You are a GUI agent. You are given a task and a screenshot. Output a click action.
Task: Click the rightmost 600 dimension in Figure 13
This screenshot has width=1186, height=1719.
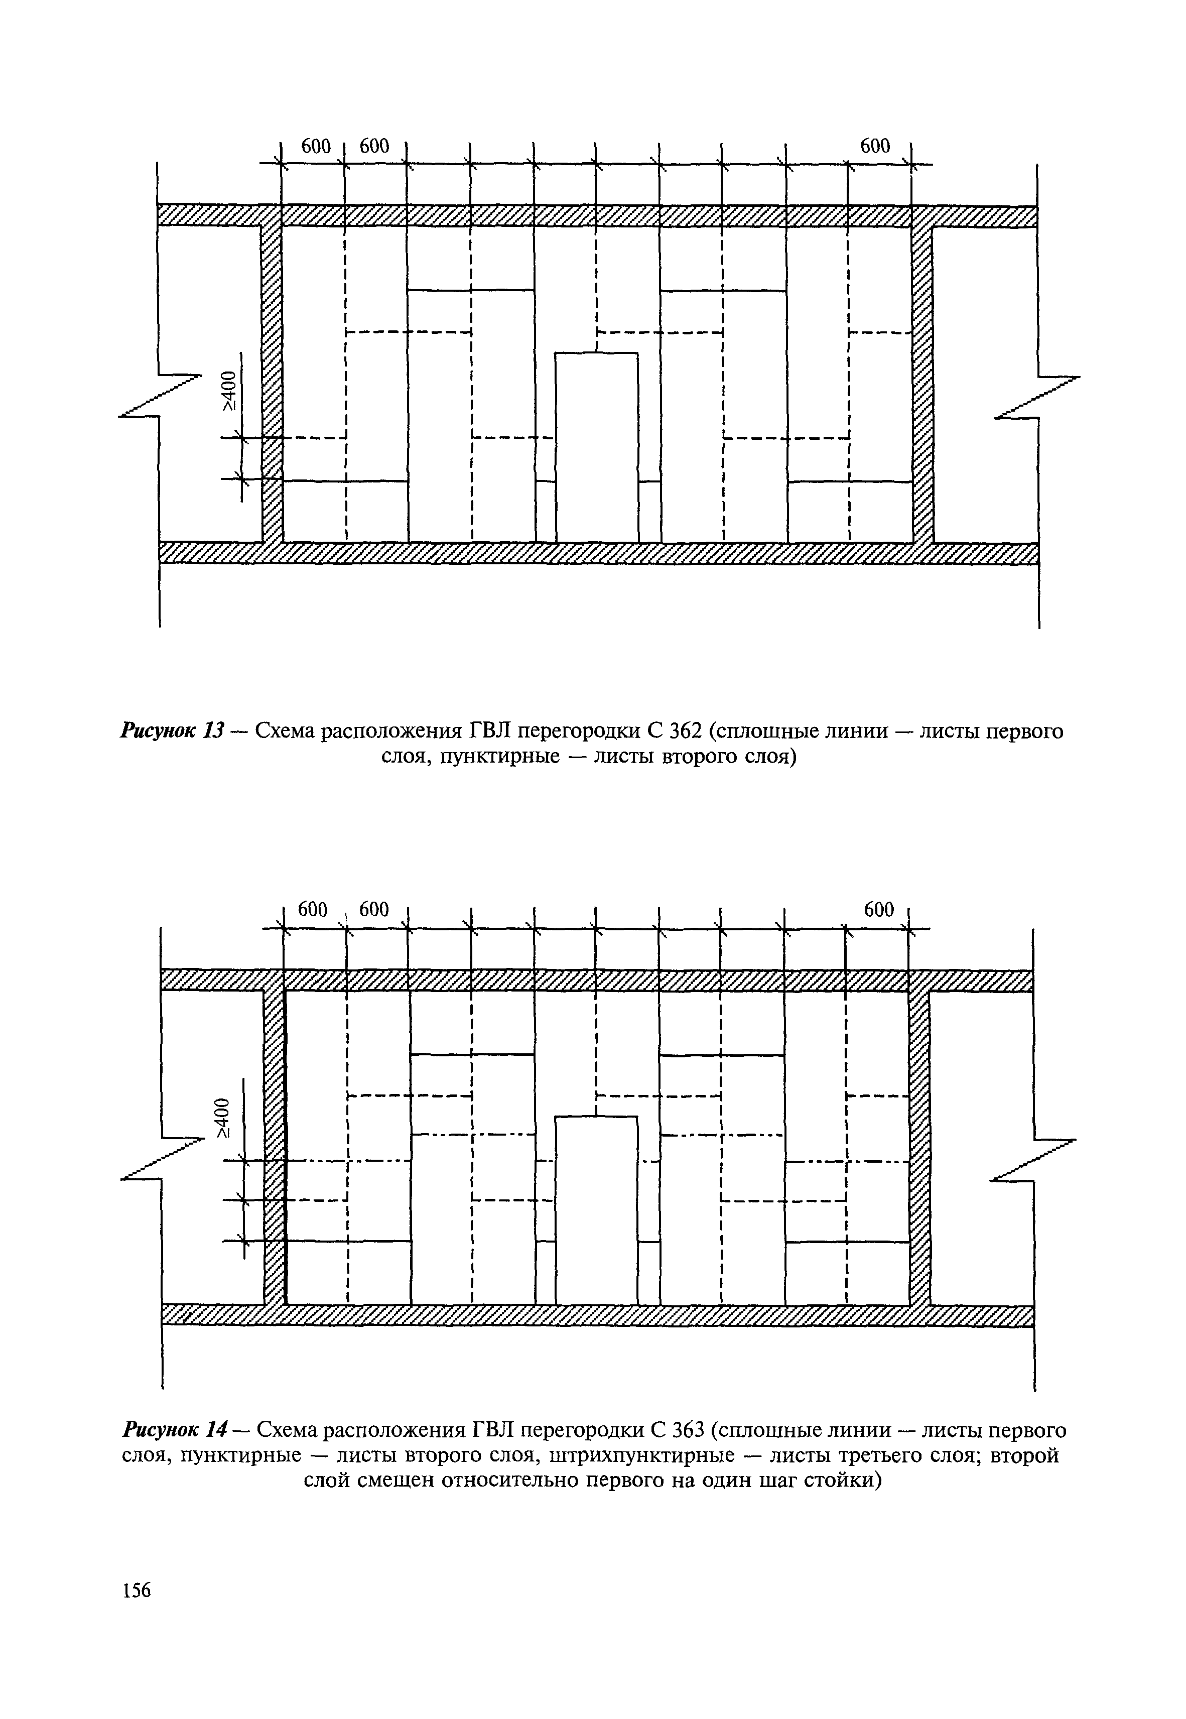coord(875,147)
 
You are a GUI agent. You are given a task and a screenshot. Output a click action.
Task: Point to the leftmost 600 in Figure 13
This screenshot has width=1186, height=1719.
coord(315,147)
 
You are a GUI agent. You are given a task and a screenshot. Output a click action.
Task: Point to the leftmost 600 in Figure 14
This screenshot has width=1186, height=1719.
coord(312,910)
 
